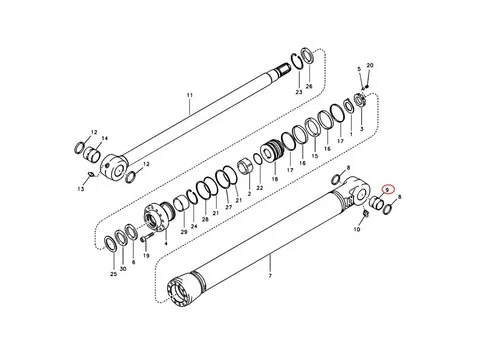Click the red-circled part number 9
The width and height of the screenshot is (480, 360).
point(387,189)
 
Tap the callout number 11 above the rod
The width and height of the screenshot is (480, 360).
point(190,95)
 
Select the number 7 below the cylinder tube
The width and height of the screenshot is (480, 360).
point(270,276)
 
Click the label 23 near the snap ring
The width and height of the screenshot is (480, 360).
point(299,92)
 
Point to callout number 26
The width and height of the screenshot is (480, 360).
point(309,86)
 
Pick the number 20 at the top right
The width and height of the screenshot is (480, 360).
point(370,65)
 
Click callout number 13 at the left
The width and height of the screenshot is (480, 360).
point(81,189)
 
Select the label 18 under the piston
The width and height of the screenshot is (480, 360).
point(275,179)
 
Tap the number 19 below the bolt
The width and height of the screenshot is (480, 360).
point(146,256)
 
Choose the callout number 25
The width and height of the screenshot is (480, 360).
point(114,274)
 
